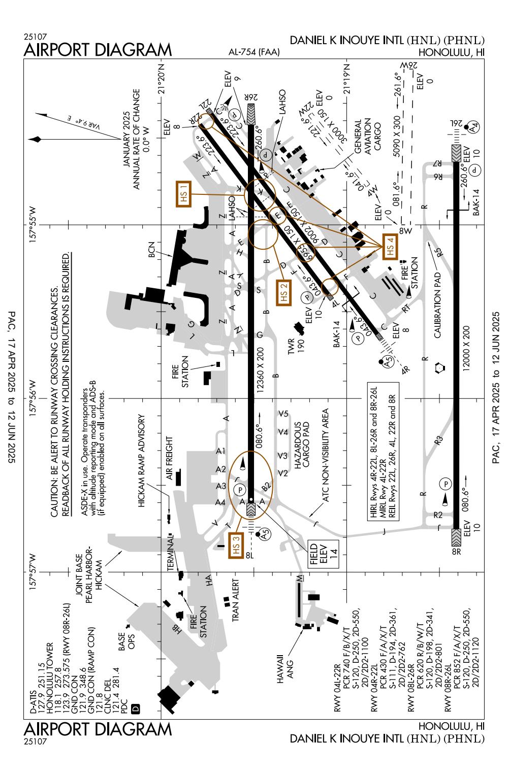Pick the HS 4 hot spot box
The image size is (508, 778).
click(390, 247)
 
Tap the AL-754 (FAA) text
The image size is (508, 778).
click(253, 52)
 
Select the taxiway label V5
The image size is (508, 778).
click(283, 414)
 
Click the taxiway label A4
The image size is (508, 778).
click(220, 502)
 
